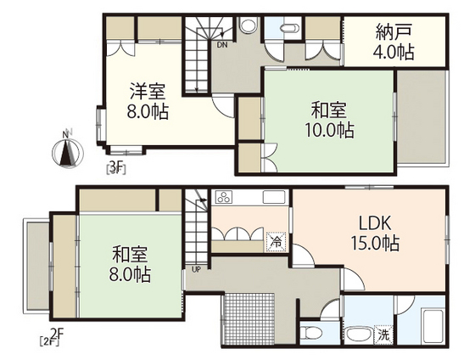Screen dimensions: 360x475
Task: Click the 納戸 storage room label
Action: pos(394,34)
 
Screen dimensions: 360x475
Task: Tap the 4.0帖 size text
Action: pos(394,53)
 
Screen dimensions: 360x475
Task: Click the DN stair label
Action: pos(221,44)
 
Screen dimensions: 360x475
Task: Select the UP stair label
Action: pos(197,270)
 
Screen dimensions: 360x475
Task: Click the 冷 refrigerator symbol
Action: pos(276,240)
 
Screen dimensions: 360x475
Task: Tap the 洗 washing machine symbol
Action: pos(384,335)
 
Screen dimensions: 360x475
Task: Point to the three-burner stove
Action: pos(226,199)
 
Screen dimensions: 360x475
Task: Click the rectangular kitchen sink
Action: pos(274,198)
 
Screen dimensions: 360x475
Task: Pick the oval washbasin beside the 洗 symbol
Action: pos(354,333)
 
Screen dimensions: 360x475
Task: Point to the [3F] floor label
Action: pos(116,168)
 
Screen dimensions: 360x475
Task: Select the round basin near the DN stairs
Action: pos(248,25)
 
